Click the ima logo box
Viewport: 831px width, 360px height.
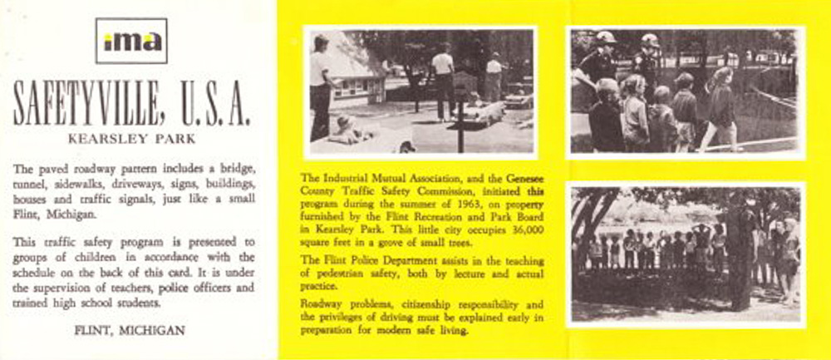[131, 42]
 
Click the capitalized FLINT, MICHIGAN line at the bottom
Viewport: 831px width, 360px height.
[130, 330]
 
